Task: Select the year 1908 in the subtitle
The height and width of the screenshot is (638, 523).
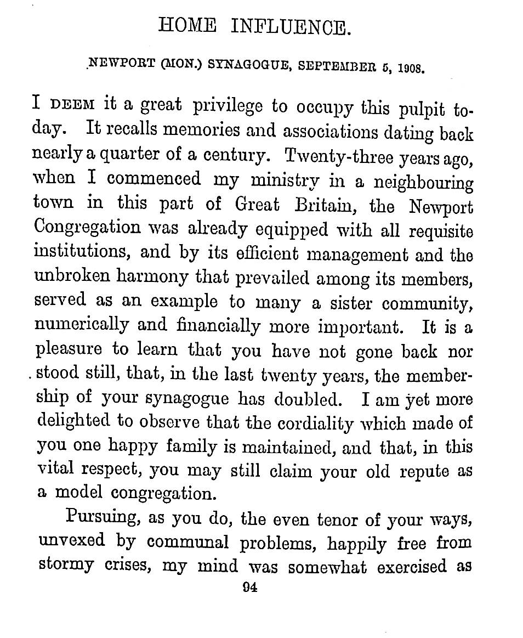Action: click(411, 69)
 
